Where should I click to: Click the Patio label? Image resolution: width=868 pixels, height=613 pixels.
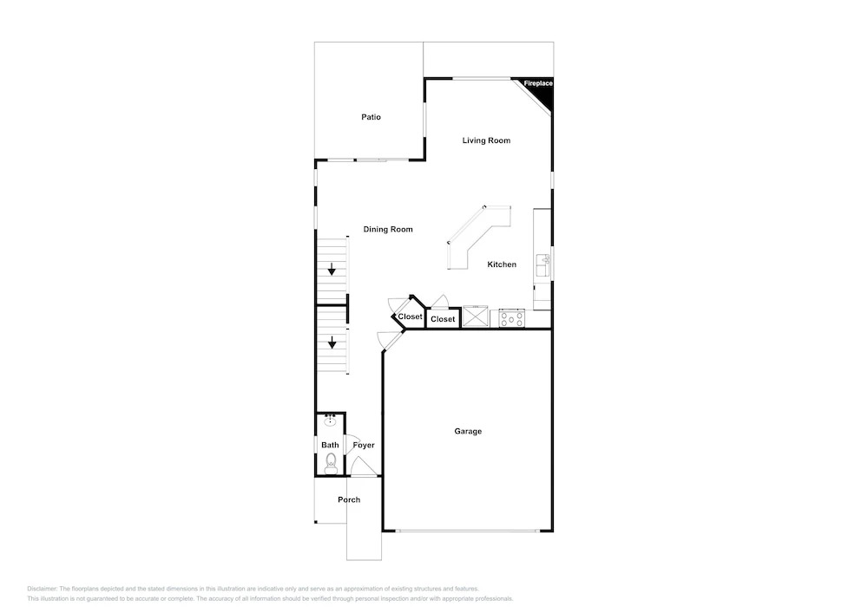click(x=371, y=117)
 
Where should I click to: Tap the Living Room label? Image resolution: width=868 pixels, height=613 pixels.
click(x=486, y=140)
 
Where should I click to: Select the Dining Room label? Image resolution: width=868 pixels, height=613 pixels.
click(x=387, y=230)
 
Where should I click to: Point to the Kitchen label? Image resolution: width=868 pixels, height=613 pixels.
click(x=502, y=264)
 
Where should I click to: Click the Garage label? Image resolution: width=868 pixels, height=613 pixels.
click(x=468, y=431)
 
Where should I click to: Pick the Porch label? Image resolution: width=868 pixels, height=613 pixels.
click(x=349, y=499)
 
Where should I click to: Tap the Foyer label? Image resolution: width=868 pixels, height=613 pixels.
click(x=364, y=445)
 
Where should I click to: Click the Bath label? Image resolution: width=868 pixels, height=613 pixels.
click(x=330, y=445)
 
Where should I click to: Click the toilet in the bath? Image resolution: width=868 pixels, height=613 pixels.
click(x=331, y=463)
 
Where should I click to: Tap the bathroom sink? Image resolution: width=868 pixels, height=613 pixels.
click(x=331, y=421)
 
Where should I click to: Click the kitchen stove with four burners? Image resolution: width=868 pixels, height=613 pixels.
click(x=511, y=318)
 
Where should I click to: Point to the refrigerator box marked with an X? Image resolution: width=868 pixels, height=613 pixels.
click(x=476, y=316)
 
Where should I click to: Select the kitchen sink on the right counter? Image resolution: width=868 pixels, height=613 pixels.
click(x=542, y=266)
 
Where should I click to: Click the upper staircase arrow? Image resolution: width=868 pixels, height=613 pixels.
click(x=332, y=269)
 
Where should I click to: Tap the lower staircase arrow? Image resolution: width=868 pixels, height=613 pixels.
click(x=332, y=342)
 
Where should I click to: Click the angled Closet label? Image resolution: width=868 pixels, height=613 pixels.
click(x=410, y=316)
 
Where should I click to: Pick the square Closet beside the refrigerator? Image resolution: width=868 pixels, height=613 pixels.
click(x=443, y=319)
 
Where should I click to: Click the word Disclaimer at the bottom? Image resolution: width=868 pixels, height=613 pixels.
click(x=42, y=589)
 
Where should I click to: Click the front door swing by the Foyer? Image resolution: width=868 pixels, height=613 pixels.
click(x=361, y=466)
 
